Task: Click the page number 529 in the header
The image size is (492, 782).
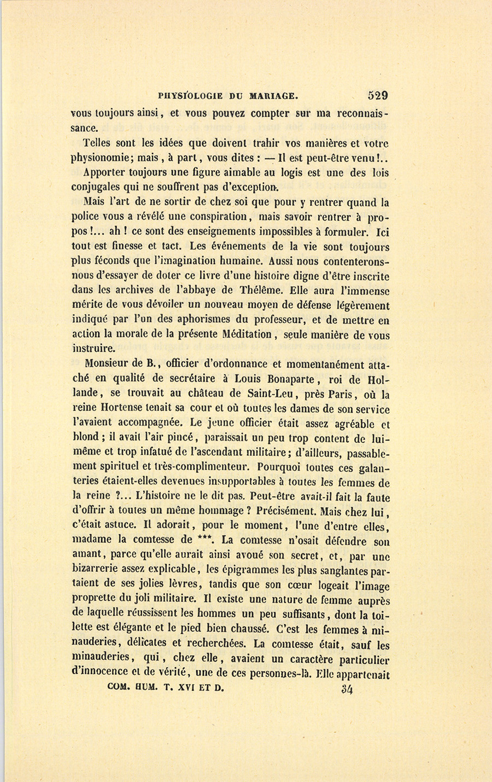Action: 378,95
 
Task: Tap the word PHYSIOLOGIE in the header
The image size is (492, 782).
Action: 190,96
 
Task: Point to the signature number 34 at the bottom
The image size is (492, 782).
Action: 347,690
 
